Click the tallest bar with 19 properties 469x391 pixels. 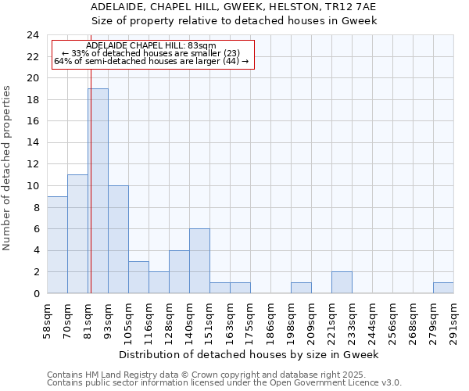click(98, 192)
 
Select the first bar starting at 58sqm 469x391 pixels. click(57, 245)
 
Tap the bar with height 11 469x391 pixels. click(77, 235)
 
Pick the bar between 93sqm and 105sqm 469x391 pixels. click(118, 239)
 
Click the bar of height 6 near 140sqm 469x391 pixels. click(199, 261)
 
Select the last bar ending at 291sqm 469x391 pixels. click(443, 288)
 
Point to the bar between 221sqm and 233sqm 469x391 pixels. click(342, 283)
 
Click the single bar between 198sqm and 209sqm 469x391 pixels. click(301, 288)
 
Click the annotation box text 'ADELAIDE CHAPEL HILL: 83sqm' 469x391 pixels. click(151, 46)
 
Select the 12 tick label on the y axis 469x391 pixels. click(32, 164)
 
